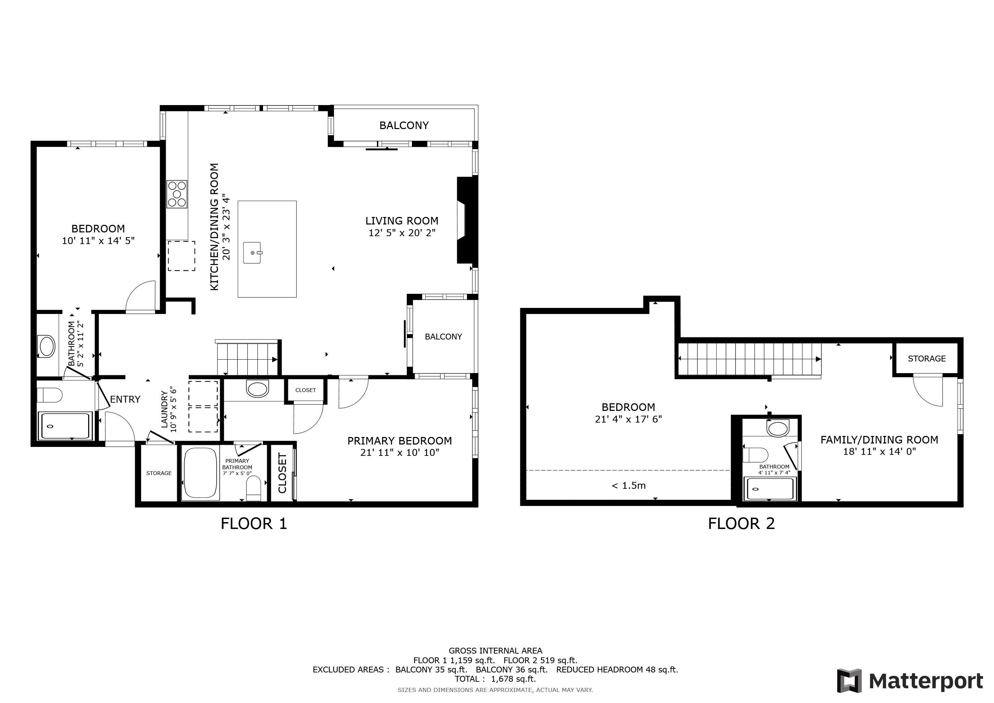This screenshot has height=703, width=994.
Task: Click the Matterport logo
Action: tap(909, 681)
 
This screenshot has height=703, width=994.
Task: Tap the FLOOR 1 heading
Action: tap(254, 524)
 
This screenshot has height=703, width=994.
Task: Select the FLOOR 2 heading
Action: tap(741, 524)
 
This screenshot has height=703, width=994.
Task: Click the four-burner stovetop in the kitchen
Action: tap(177, 194)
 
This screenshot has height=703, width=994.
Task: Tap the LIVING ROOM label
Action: tap(402, 221)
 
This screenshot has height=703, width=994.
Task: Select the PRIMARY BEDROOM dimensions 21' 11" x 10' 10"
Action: tap(400, 453)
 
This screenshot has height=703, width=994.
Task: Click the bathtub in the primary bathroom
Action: tap(200, 473)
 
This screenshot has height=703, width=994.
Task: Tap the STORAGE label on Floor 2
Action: tap(926, 358)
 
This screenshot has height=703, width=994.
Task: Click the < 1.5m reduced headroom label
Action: tap(628, 486)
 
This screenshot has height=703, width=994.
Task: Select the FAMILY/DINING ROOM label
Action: tap(879, 440)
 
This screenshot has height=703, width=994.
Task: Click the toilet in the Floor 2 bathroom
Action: tap(755, 455)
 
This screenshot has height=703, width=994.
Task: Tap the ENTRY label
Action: tap(125, 399)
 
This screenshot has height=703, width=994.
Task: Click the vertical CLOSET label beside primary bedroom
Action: tap(282, 473)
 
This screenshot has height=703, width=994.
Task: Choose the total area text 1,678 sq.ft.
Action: tap(513, 679)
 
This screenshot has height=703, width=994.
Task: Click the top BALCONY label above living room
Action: tap(404, 126)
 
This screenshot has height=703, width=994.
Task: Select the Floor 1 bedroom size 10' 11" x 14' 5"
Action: tap(98, 241)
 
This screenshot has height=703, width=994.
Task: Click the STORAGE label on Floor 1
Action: tap(159, 473)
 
